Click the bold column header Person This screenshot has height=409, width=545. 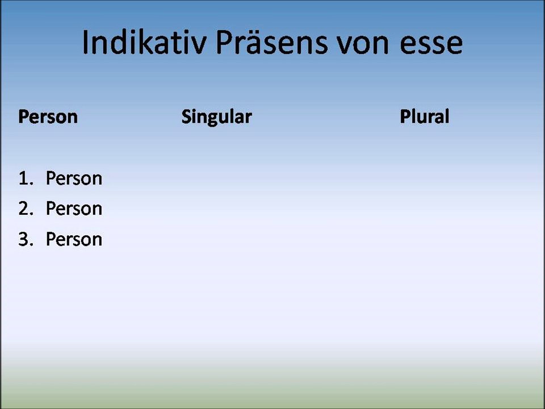[48, 117]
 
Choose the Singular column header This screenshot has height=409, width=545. [216, 118]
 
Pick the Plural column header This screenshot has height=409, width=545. [424, 117]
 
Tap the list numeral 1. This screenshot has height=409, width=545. [23, 178]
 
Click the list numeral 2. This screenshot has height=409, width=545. [23, 208]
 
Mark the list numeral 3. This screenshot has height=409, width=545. [23, 239]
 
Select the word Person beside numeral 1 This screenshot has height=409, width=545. [74, 178]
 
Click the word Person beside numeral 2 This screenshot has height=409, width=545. [74, 208]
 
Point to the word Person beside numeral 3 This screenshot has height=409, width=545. [74, 239]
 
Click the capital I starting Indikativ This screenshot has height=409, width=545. [86, 42]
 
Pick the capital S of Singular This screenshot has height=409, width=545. [186, 117]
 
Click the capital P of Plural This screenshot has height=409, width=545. [404, 117]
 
